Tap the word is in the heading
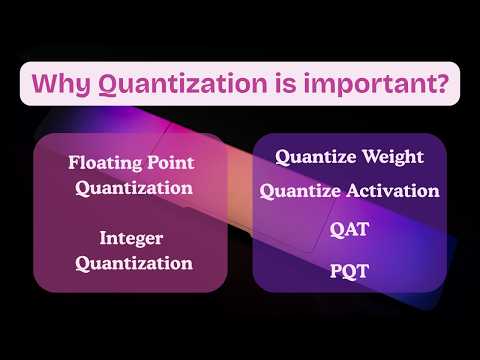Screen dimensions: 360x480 click(x=271, y=84)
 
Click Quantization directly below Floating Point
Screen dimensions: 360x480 click(x=133, y=187)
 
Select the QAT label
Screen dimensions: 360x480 click(x=350, y=229)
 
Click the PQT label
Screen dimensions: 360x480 click(x=350, y=270)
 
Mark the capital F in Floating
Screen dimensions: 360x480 click(x=74, y=162)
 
